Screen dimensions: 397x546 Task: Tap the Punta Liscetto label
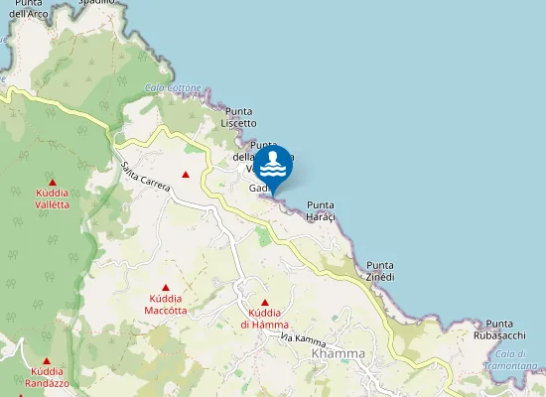point(238,117)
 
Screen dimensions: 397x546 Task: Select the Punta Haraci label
point(321,210)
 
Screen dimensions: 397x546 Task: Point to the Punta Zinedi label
point(380,270)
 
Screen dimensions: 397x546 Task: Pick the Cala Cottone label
point(173,87)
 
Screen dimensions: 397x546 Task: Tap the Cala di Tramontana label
point(511,359)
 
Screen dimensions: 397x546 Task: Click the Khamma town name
point(338,353)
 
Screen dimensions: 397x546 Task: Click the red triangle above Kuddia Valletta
point(52,183)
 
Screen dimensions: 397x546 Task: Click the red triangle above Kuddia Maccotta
point(166,288)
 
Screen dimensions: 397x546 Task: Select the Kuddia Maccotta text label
point(166,305)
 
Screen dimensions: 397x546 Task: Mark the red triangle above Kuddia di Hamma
point(264,303)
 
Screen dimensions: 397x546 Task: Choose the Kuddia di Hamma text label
point(264,319)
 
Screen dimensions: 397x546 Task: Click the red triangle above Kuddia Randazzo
point(47,362)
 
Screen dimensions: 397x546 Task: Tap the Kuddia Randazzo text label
point(47,378)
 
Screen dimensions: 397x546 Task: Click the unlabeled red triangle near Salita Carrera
point(186,176)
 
